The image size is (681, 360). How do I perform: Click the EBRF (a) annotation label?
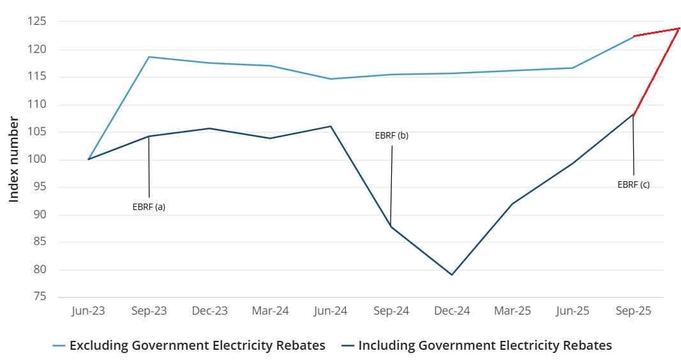(x=149, y=207)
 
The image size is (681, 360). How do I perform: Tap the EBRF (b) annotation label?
(x=391, y=136)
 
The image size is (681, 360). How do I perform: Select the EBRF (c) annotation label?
(x=633, y=184)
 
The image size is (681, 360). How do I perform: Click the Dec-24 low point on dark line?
(x=452, y=274)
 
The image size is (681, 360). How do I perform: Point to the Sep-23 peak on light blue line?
(x=149, y=57)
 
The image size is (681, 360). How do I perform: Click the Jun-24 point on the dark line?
(x=331, y=126)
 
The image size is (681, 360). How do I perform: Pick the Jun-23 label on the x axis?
(x=88, y=311)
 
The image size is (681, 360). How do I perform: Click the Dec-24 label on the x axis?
(x=452, y=311)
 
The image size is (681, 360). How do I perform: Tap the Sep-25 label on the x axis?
(x=633, y=311)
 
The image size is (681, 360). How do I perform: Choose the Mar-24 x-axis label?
(x=270, y=311)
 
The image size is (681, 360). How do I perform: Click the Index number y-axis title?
(x=14, y=160)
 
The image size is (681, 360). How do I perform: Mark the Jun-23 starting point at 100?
(x=89, y=159)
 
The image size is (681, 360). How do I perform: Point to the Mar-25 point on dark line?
(x=513, y=204)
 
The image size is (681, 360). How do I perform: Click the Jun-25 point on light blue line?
(x=572, y=68)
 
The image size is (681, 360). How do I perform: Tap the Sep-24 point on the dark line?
(x=391, y=227)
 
